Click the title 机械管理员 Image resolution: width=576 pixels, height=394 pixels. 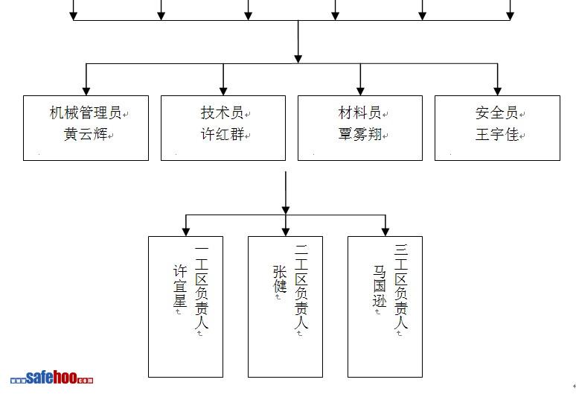85,113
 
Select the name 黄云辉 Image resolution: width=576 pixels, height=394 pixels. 85,135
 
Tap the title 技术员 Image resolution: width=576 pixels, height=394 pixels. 222,113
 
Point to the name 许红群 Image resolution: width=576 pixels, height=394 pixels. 222,135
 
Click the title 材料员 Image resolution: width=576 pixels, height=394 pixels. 359,113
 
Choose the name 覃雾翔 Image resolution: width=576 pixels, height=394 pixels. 359,135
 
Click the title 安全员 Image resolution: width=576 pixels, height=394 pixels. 496,113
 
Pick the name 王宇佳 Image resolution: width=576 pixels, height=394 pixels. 496,135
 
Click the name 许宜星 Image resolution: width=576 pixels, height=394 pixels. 179,285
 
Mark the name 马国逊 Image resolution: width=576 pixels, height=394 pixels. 380,285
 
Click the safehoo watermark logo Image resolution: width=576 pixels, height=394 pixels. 52,378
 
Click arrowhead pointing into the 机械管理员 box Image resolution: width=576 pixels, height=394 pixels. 86,90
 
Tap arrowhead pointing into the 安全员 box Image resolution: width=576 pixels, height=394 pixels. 497,90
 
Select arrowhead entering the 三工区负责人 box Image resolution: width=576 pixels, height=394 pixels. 385,231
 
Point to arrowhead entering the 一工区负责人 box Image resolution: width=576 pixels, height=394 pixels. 185,231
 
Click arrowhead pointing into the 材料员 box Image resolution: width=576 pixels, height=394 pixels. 360,90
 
